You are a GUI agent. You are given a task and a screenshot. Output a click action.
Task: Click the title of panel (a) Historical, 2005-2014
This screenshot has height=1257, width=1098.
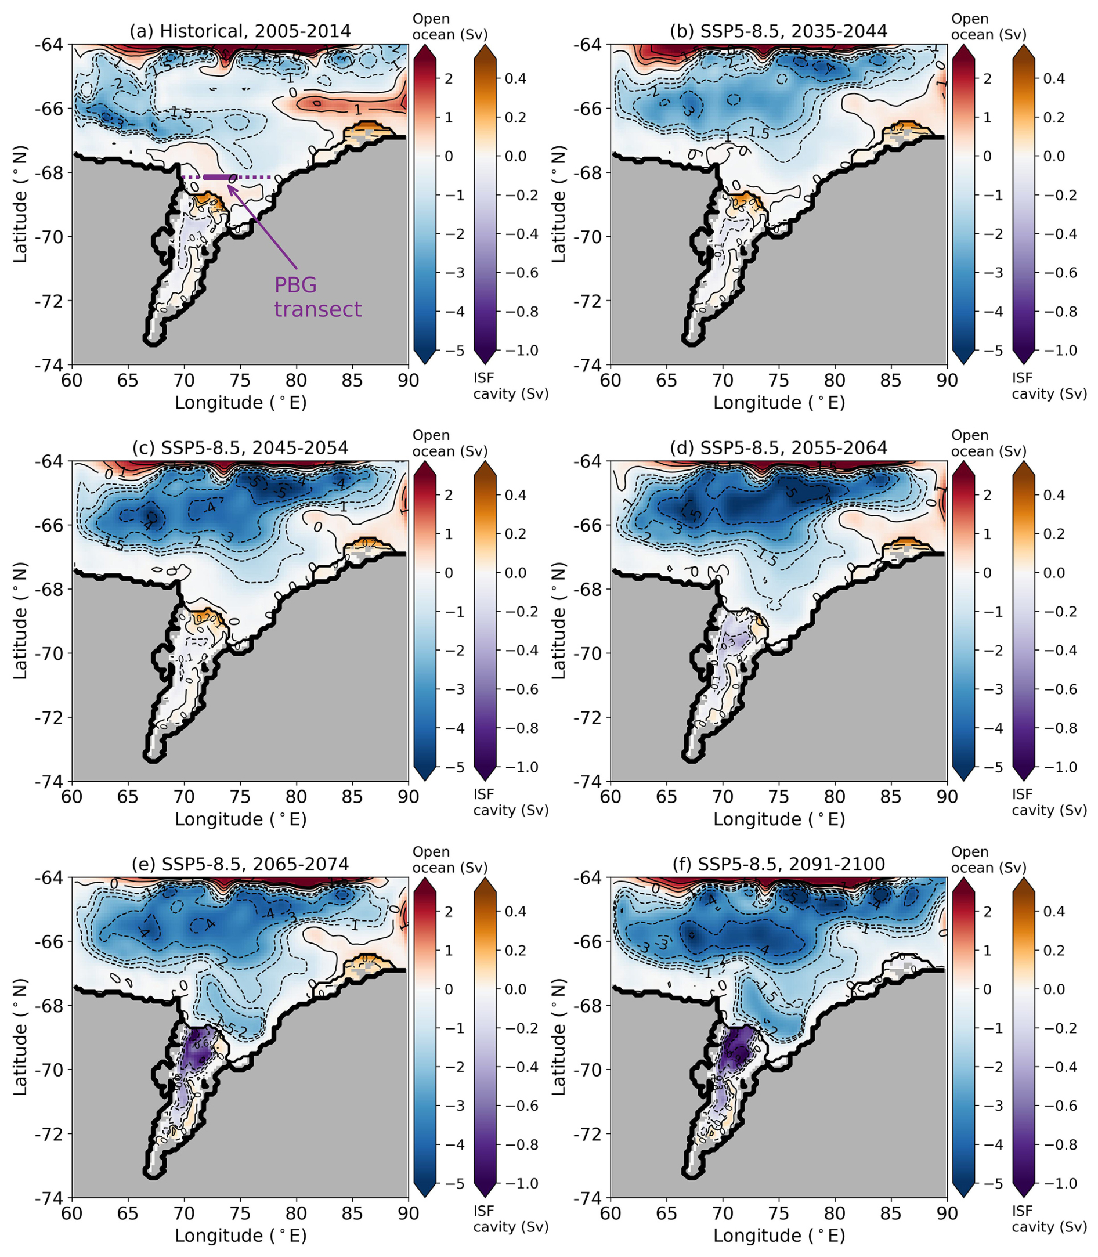[240, 31]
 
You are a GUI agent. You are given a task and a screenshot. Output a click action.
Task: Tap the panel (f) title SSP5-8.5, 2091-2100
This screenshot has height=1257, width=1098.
[778, 864]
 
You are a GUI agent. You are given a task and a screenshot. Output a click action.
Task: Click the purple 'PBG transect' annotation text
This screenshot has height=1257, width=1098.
[317, 297]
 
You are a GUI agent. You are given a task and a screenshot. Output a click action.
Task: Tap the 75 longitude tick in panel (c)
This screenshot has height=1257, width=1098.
[240, 797]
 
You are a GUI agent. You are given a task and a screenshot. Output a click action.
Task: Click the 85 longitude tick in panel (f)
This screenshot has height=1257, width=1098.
[891, 1213]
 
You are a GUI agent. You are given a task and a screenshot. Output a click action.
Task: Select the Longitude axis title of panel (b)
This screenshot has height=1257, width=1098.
[779, 403]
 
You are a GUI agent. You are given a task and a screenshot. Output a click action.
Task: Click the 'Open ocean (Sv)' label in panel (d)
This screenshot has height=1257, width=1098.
[988, 443]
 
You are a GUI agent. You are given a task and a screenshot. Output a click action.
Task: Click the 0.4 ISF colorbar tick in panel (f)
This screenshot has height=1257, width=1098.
[1053, 911]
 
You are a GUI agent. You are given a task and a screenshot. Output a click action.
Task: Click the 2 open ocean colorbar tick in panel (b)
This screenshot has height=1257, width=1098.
[987, 78]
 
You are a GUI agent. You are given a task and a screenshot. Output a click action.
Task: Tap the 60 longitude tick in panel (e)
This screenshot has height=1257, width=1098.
[73, 1213]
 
